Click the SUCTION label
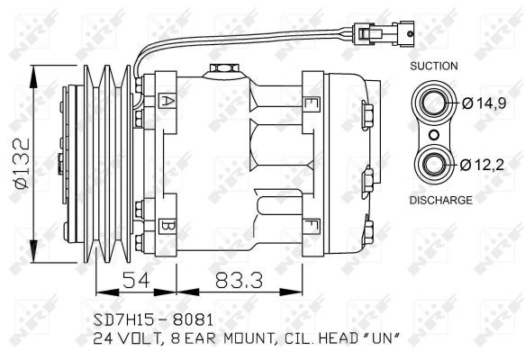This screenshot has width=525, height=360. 433,66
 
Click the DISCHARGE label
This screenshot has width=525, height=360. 441,200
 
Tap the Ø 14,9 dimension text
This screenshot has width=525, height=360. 484,103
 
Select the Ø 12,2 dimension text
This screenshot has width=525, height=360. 482,165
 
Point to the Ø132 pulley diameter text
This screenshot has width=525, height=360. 23,164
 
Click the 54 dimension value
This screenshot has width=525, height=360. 136,280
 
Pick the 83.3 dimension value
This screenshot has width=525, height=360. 239,280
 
